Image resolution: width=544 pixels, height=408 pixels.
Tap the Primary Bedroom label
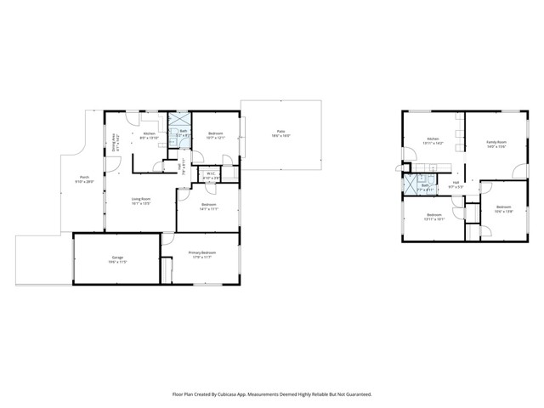pyautogui.click(x=202, y=254)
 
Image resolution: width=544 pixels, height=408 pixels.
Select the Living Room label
pyautogui.click(x=141, y=201)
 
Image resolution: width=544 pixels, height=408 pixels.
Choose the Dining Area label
pyautogui.click(x=115, y=141)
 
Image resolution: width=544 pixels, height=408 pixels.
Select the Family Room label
pyautogui.click(x=496, y=144)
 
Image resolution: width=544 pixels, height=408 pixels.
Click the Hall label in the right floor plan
pyautogui.click(x=456, y=184)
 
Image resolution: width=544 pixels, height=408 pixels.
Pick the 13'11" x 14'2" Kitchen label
pyautogui.click(x=433, y=140)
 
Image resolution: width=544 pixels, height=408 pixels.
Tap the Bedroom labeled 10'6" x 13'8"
pyautogui.click(x=503, y=209)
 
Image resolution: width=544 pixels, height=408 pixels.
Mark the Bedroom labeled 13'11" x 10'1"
pyautogui.click(x=433, y=216)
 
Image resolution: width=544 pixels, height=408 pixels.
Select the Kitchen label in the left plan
pyautogui.click(x=150, y=135)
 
